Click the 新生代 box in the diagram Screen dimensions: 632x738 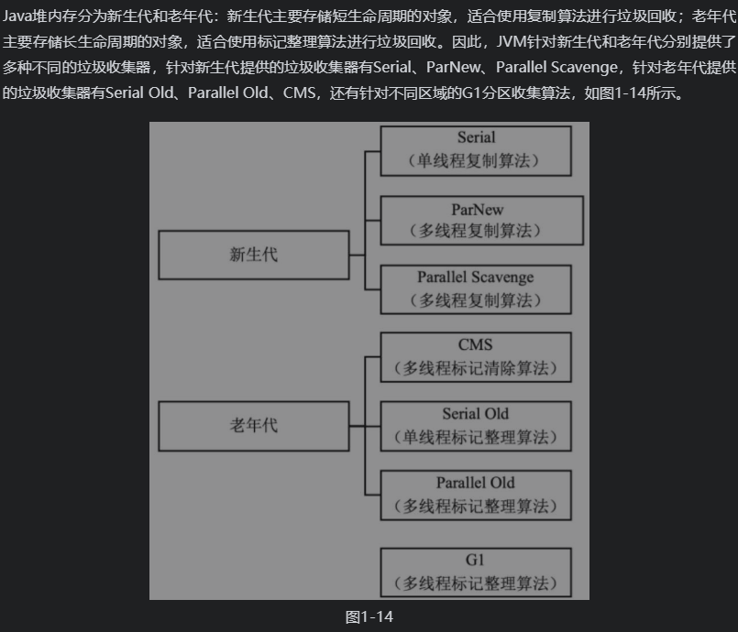(253, 255)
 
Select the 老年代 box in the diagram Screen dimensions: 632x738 (253, 425)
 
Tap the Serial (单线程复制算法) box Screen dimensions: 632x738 (476, 150)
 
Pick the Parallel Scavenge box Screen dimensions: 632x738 (476, 289)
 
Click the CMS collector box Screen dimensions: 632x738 (476, 357)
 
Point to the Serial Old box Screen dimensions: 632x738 (476, 426)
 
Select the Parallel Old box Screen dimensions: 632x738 (476, 495)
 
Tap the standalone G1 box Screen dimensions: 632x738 (476, 572)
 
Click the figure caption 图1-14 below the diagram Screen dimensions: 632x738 (369, 616)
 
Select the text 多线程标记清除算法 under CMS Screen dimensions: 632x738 (476, 369)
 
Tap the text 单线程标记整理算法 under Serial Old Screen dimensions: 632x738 (476, 438)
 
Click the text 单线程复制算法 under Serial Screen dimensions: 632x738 (476, 162)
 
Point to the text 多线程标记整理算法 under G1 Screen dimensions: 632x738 (476, 583)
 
